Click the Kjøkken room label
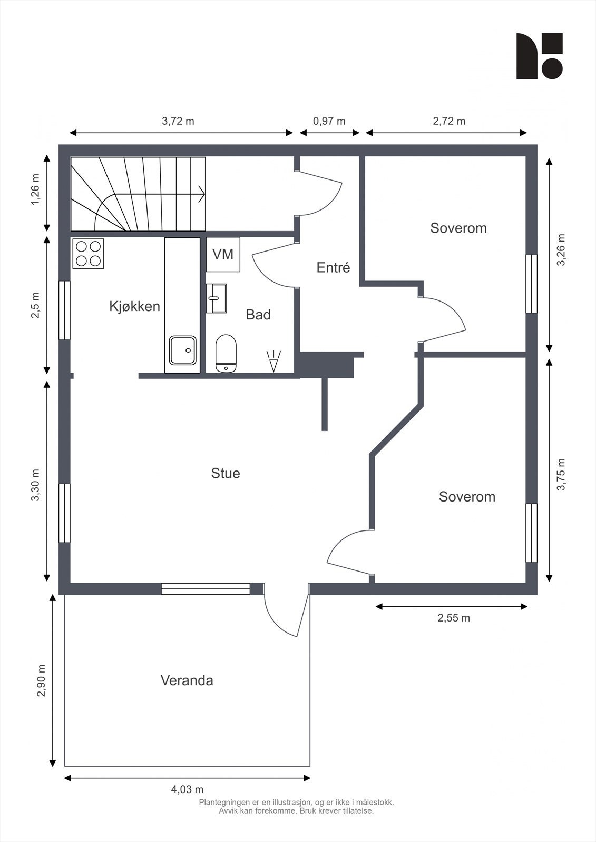[135, 306]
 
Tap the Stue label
[226, 473]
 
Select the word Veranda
[187, 680]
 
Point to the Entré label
[333, 267]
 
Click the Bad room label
[258, 315]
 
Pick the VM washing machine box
[223, 255]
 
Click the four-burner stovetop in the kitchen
[88, 254]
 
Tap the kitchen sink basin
[183, 350]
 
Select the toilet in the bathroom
[226, 353]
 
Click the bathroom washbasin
[216, 298]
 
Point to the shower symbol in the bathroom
[273, 361]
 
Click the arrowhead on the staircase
[202, 194]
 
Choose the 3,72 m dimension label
[178, 121]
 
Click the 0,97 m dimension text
[329, 121]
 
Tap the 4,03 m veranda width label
[187, 789]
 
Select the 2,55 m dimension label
[454, 618]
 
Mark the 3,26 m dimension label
[561, 249]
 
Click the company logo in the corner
[540, 56]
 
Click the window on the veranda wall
[206, 589]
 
